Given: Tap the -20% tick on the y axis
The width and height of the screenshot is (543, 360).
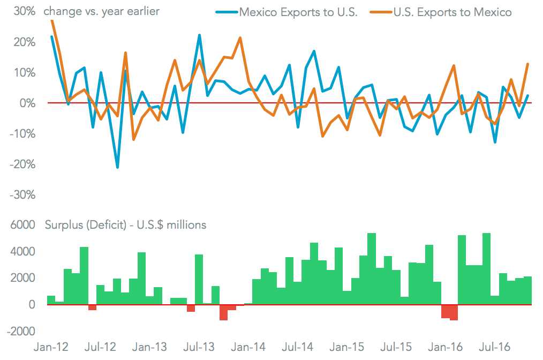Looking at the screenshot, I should pyautogui.click(x=20, y=164).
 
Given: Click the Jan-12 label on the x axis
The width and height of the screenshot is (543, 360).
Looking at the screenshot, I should pyautogui.click(x=51, y=347).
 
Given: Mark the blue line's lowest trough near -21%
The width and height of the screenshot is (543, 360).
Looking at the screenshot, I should pyautogui.click(x=117, y=168).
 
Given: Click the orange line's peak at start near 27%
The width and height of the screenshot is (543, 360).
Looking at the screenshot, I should pyautogui.click(x=51, y=20).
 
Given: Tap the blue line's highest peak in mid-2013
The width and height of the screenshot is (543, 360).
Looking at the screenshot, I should pyautogui.click(x=199, y=35).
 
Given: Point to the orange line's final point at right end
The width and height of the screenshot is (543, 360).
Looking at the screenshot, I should pyautogui.click(x=527, y=64).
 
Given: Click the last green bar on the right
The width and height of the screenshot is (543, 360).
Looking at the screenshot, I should pyautogui.click(x=527, y=291).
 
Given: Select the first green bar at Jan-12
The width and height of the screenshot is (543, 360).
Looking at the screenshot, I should pyautogui.click(x=51, y=300).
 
